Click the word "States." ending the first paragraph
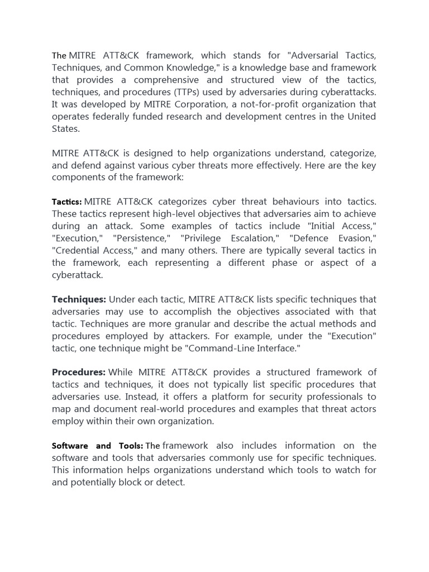pyautogui.click(x=66, y=128)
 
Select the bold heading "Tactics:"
pyautogui.click(x=66, y=202)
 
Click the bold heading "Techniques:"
pyautogui.click(x=79, y=299)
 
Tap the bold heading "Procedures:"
pyautogui.click(x=79, y=372)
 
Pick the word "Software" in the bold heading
pyautogui.click(x=70, y=446)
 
